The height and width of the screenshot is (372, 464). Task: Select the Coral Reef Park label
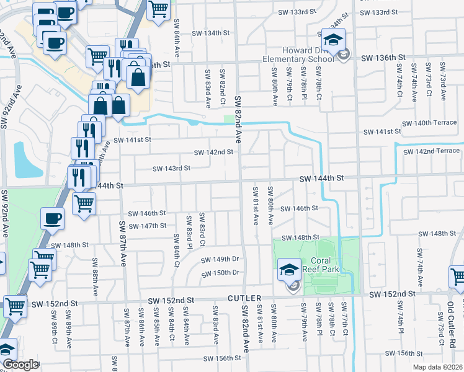tap(319, 265)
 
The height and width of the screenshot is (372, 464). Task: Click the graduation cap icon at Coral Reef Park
tap(288, 269)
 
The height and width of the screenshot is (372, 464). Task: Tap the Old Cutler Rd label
tap(451, 319)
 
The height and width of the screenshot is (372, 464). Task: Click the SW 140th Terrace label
tap(428, 123)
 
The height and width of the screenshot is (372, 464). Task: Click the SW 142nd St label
tap(213, 152)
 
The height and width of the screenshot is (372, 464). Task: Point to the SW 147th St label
tap(148, 226)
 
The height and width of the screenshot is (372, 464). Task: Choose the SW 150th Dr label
tap(220, 273)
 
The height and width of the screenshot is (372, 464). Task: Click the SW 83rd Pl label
tap(189, 230)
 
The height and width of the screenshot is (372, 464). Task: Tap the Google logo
tap(20, 365)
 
